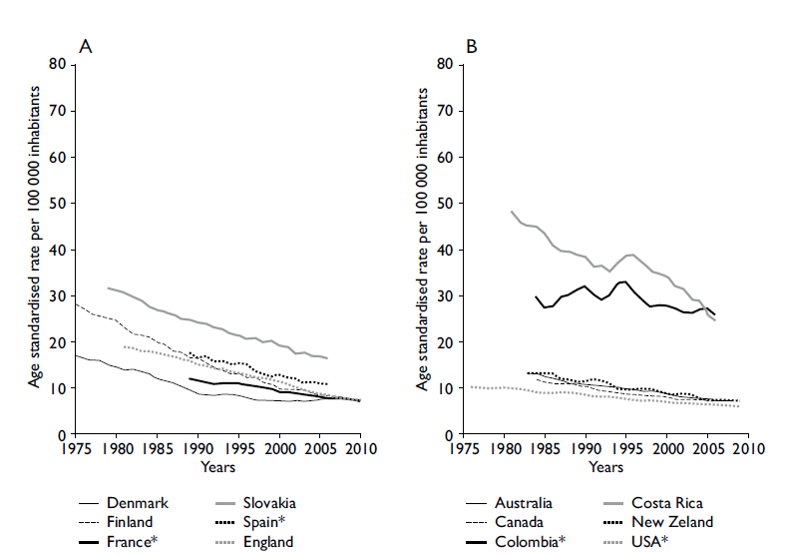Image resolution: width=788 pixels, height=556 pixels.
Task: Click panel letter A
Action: coord(86,45)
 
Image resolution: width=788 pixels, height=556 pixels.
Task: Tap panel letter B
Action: coord(472,45)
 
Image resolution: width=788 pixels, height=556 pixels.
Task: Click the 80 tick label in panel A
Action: coord(59,65)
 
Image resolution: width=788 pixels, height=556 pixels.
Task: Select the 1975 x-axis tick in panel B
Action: coord(464,449)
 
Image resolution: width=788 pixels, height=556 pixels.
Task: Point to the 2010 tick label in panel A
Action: coord(361,449)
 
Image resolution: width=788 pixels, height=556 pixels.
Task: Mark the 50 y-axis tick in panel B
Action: coord(446,204)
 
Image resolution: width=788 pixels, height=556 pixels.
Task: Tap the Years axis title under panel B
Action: coord(604,466)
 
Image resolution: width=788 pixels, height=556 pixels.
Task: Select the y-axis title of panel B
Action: coord(421,250)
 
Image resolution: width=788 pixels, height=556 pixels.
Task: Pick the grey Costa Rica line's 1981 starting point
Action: coord(511,211)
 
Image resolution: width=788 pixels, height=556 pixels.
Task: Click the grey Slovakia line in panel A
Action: coord(199,323)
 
